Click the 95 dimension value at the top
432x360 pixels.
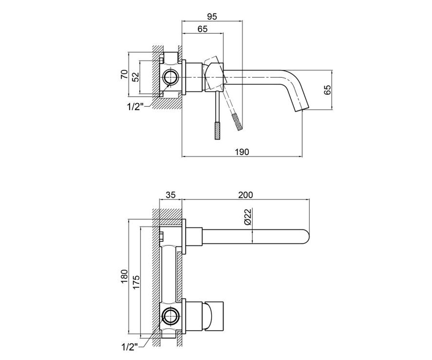tap(212, 17)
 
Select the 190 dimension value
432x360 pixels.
tap(242, 152)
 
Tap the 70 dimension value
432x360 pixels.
tap(124, 74)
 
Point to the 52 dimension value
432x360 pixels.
tap(136, 77)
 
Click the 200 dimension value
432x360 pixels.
tap(246, 195)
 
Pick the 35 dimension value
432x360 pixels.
tap(171, 195)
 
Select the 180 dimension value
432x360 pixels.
tap(124, 276)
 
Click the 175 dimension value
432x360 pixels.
tap(136, 282)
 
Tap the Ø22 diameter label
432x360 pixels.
tap(248, 217)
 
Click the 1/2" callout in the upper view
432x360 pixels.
tap(135, 107)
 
